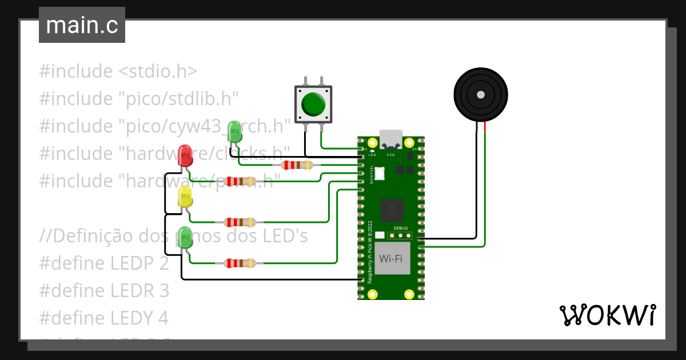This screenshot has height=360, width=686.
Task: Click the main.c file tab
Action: point(82,26)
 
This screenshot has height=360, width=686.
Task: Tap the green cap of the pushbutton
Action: point(313,103)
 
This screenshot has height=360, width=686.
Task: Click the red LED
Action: point(185,155)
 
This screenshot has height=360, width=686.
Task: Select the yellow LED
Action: point(185,197)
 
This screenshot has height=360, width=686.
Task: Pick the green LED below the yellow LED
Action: point(185,238)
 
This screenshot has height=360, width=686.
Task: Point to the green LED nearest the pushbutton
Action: point(234,131)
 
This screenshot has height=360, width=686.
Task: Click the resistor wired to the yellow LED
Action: point(240,222)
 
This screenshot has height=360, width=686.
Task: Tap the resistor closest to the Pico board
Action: point(297,165)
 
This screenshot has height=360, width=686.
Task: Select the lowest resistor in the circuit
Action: point(240,263)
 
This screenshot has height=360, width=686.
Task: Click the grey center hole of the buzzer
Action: point(481,94)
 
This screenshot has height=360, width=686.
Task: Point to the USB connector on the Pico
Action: point(391,139)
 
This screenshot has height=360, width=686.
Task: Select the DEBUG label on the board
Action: point(401,227)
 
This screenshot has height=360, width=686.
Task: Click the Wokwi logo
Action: point(607,315)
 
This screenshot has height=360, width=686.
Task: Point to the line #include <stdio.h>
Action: point(118,71)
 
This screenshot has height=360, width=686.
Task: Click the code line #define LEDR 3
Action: point(104,290)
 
